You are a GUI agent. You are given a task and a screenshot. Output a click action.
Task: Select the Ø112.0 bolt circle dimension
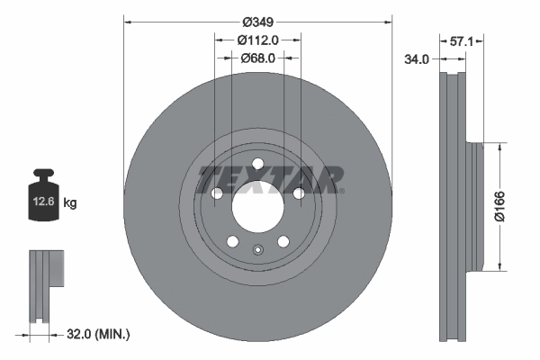pos(257,40)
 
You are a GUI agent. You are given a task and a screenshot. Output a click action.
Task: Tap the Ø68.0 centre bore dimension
pos(257,58)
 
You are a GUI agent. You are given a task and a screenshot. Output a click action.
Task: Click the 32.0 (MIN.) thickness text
pos(99,334)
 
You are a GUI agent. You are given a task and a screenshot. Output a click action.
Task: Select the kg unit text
pos(70,203)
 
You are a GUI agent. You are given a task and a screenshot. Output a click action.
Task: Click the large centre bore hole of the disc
pos(257,203)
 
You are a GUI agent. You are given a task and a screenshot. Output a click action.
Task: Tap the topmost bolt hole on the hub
pos(257,164)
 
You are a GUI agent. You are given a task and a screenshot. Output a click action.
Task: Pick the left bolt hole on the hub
pos(217,193)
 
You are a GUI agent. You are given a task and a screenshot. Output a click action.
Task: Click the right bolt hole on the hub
pos(298,193)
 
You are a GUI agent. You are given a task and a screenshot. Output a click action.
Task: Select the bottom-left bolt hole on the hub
pos(232,241)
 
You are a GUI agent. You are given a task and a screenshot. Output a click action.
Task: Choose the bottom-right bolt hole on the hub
pos(283,241)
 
